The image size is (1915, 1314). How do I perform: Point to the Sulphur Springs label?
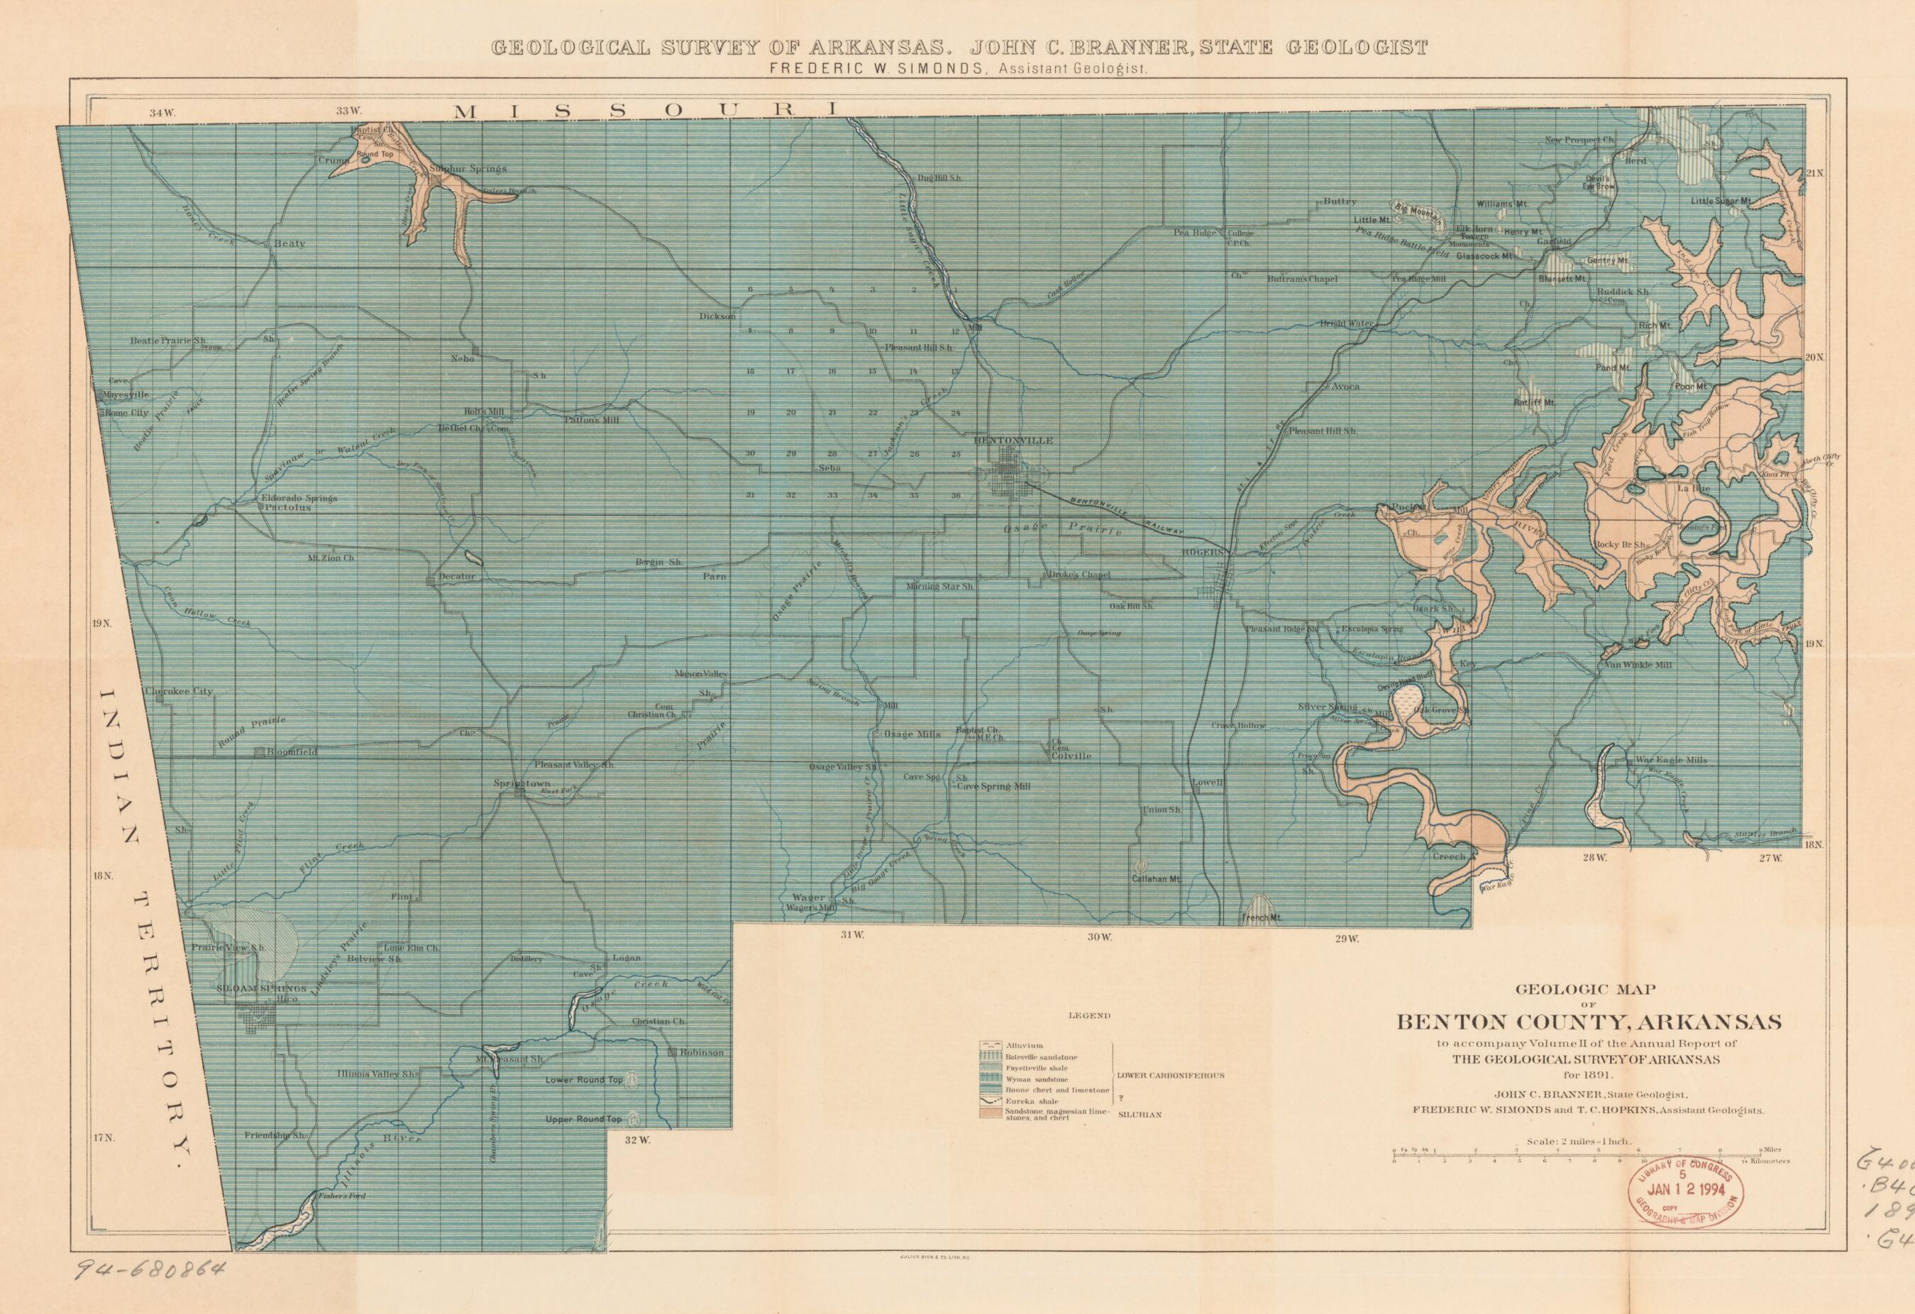pos(467,168)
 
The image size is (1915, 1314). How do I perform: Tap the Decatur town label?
pos(458,577)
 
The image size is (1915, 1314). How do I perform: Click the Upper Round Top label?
pos(583,1120)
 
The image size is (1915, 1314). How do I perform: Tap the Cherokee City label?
pos(178,691)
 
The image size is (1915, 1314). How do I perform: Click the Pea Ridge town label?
pos(1194,233)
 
